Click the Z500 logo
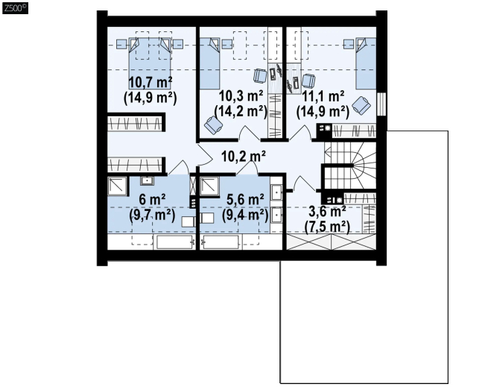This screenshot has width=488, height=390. coord(15,7)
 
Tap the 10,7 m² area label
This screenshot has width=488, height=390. coord(150,82)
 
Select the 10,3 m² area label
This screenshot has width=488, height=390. coord(241,95)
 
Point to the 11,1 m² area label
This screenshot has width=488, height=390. coord(323,96)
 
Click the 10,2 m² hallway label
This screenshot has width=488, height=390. coord(244,156)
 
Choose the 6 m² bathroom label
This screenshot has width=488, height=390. coord(152,199)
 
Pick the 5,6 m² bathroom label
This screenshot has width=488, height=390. coord(245,199)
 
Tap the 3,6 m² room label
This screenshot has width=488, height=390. coord(327,212)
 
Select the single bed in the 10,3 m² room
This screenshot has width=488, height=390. coord(209,63)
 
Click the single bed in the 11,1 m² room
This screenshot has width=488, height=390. coord(366,63)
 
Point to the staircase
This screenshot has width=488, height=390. coord(350,166)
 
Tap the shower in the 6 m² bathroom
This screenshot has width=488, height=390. coord(118,186)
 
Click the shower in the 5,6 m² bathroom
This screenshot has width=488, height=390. coord(209,186)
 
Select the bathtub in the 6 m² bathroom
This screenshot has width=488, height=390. coord(174,242)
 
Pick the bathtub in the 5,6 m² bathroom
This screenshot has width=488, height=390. coord(221,242)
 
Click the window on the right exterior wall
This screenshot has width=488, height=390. coord(381,104)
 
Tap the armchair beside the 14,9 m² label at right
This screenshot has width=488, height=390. coord(361,105)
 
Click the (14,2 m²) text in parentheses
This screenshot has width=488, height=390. coord(241,111)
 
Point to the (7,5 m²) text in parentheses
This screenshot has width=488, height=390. coord(327,227)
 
